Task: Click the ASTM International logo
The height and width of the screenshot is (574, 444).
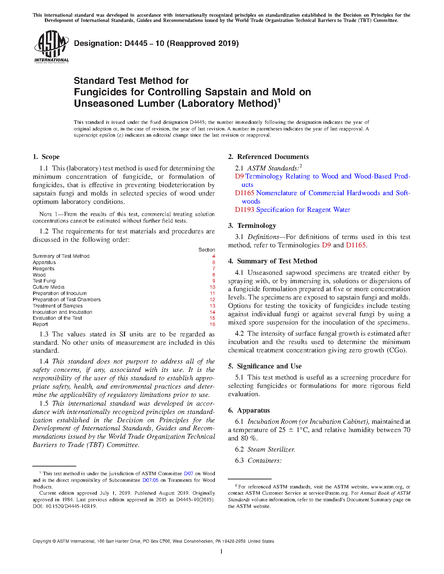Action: point(51,47)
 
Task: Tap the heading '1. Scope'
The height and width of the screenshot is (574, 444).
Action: point(46,157)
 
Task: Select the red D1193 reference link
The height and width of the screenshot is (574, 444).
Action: point(244,209)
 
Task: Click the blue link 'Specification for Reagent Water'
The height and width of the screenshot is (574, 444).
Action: point(303,209)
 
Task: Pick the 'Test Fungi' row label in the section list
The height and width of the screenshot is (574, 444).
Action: point(44,281)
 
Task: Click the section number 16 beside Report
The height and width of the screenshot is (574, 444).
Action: point(212,324)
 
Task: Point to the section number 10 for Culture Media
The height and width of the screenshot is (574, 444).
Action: point(212,287)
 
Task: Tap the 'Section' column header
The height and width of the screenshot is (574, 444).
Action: point(207,250)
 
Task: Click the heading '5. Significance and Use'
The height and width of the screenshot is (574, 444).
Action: point(265,366)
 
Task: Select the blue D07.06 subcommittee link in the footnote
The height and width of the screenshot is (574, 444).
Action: point(150,480)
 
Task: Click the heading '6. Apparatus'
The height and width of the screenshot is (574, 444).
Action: point(249,410)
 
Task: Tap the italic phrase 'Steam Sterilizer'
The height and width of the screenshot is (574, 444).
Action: point(271,449)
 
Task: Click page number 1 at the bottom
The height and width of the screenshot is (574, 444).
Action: point(221,551)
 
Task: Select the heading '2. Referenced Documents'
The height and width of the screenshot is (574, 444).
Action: point(268,157)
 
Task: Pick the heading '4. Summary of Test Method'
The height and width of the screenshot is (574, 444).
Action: point(273,261)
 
